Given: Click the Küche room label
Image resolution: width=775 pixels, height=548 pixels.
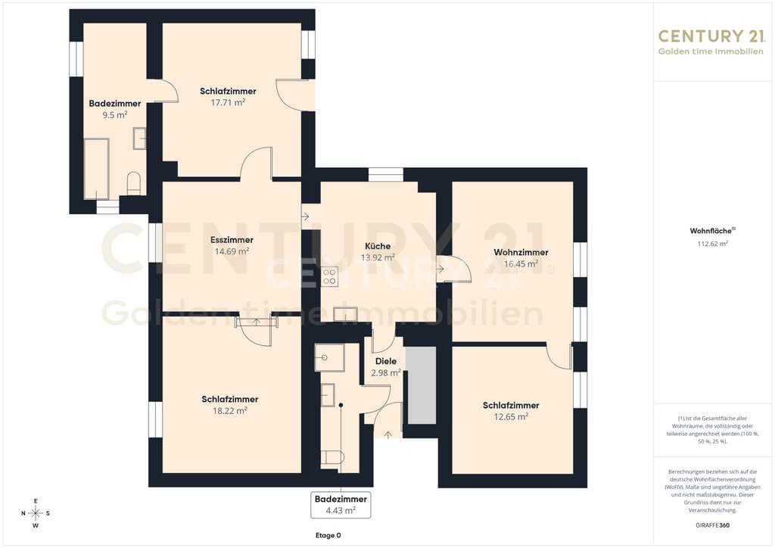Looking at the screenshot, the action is [378, 246].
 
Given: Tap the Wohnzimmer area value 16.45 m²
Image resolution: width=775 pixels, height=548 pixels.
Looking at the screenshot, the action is [521, 264].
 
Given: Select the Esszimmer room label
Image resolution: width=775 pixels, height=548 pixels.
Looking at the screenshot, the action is [232, 240].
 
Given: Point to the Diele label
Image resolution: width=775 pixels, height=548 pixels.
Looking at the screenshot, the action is [385, 361].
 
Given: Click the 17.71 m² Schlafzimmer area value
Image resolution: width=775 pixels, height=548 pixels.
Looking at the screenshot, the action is [228, 102].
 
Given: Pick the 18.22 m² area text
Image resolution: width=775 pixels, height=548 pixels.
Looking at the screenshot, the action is [230, 411].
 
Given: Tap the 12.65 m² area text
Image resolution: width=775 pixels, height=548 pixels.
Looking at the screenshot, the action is [511, 416].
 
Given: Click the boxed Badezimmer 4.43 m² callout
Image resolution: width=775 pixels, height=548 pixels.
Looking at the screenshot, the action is [341, 505].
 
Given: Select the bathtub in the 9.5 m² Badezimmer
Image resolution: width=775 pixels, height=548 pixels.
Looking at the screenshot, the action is [96, 169].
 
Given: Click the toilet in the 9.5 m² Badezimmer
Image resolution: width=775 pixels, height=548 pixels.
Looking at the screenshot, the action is [134, 183].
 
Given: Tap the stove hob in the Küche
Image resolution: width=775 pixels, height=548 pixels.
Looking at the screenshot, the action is [330, 277].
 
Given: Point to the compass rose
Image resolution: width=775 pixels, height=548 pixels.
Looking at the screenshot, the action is [36, 513].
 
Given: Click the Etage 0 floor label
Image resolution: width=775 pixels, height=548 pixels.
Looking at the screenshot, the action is [328, 536].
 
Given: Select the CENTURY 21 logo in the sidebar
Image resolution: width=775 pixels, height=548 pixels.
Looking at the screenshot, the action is [711, 42].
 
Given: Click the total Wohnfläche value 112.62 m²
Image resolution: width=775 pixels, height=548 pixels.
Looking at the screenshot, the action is [712, 244].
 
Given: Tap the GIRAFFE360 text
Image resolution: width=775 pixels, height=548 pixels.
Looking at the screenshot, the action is [712, 525].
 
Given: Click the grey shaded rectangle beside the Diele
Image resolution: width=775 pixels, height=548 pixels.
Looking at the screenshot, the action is [422, 385].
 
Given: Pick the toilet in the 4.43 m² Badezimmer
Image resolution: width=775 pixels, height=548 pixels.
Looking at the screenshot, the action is [332, 457].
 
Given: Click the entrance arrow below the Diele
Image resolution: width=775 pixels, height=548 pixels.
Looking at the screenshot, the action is [388, 434].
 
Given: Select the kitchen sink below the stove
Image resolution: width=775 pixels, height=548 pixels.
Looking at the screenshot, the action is [345, 314].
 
